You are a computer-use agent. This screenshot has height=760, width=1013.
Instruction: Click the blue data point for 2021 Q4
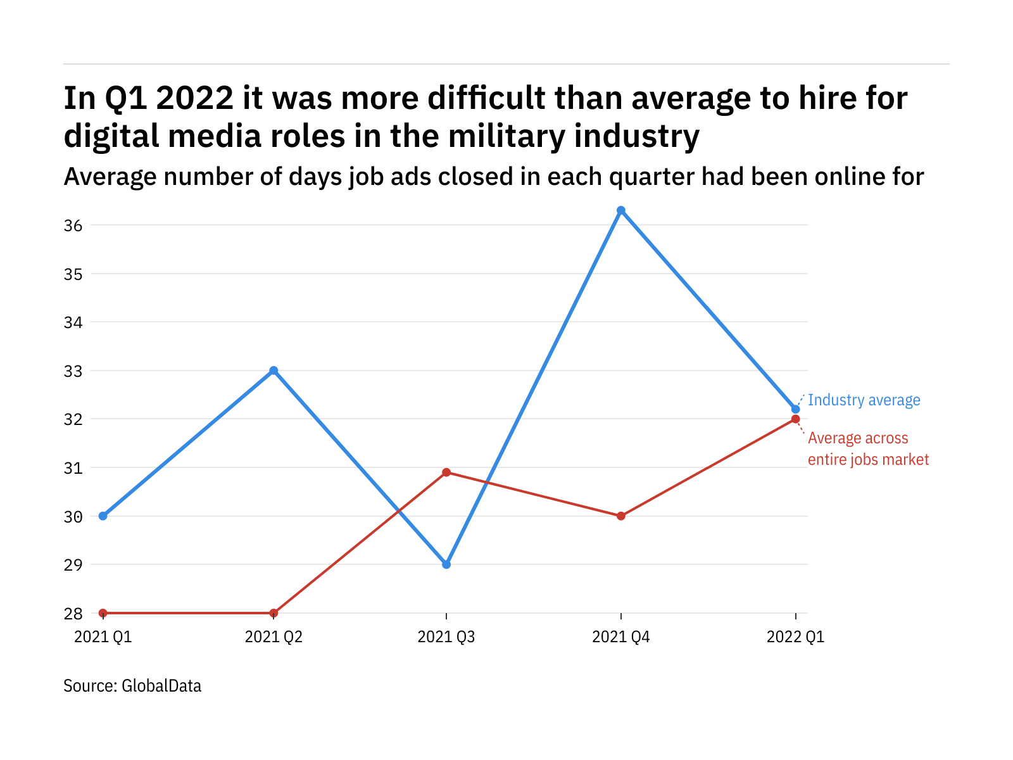(621, 210)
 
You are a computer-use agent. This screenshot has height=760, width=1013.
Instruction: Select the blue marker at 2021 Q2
(274, 370)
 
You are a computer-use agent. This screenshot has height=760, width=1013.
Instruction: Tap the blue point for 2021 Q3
(446, 564)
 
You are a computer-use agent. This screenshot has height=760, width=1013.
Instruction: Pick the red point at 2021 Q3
(446, 472)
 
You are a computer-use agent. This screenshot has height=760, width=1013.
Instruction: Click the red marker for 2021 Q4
(621, 516)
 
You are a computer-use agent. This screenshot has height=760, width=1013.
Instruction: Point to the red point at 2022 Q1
(796, 419)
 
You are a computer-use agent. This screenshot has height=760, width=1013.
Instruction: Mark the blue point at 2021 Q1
(103, 516)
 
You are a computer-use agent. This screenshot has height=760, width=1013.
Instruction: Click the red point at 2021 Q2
(274, 613)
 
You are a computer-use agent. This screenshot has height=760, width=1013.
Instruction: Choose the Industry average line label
(864, 400)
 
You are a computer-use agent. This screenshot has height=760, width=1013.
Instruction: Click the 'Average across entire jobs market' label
(868, 449)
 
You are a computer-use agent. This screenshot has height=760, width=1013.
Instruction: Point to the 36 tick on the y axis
(73, 225)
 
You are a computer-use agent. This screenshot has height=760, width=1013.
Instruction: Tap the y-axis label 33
(73, 371)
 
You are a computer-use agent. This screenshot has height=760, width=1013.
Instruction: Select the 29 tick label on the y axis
(73, 565)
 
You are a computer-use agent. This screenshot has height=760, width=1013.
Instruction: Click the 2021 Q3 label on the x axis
(446, 637)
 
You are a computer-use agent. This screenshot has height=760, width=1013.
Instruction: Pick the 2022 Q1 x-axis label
(795, 637)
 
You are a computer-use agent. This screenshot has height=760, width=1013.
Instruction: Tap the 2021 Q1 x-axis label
(103, 637)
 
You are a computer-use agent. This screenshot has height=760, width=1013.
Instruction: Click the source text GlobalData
(161, 686)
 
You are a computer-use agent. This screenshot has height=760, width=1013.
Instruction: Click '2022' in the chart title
(194, 98)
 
